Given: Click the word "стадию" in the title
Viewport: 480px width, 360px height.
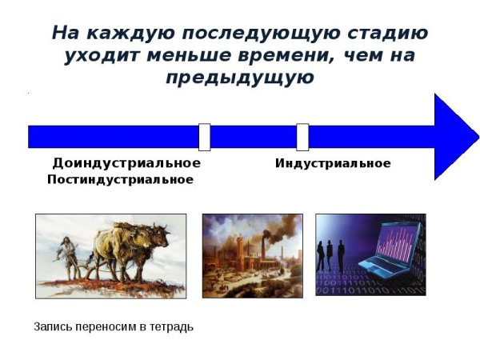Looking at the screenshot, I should click(x=380, y=34).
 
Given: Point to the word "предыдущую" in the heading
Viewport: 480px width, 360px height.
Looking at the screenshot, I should click(x=240, y=78).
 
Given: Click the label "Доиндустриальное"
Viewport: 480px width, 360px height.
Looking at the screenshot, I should click(x=126, y=163).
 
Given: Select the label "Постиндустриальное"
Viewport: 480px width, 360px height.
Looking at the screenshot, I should click(x=120, y=179).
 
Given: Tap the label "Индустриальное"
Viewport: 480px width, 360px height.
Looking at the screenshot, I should click(x=333, y=163).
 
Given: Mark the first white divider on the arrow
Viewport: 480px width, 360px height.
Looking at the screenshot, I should click(x=205, y=137).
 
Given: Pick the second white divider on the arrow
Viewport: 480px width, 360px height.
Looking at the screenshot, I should click(x=302, y=137).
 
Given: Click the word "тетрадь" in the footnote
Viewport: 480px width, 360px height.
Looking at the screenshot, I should click(x=174, y=326).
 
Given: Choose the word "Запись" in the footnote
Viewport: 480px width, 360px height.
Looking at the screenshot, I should click(x=50, y=326).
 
